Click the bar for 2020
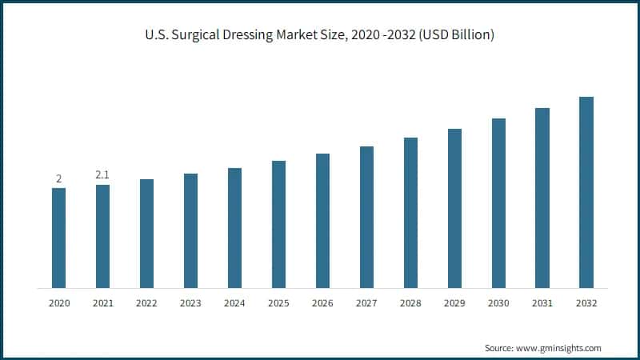(x=58, y=238)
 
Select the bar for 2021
(x=102, y=236)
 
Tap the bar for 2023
(x=190, y=230)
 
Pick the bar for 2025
(x=278, y=224)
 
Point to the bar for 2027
(x=366, y=217)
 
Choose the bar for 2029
(x=454, y=208)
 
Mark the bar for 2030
(x=498, y=203)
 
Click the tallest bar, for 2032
(x=586, y=192)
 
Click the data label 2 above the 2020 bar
(x=58, y=178)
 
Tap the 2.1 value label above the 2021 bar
(x=102, y=174)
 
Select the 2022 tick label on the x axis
(x=146, y=303)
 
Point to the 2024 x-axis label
(x=234, y=303)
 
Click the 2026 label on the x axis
(x=322, y=303)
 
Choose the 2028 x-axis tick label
(x=410, y=303)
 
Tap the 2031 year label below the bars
(x=542, y=303)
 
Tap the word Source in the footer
(x=498, y=348)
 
